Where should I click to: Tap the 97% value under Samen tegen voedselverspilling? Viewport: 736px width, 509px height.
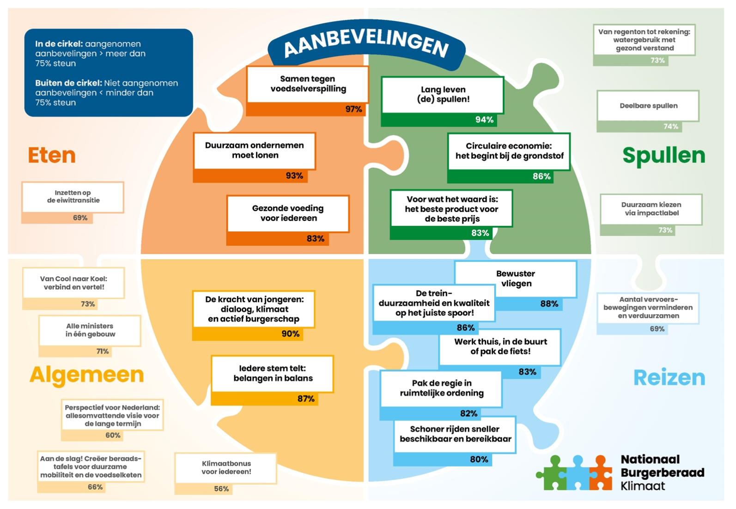click(x=353, y=109)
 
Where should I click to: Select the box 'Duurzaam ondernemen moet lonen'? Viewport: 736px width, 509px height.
click(x=255, y=151)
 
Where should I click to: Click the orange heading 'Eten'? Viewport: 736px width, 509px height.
click(x=52, y=155)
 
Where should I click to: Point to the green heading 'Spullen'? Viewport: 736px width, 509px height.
click(x=663, y=156)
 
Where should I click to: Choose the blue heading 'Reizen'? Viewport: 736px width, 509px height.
click(x=669, y=378)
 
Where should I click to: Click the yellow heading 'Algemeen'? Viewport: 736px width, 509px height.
click(x=87, y=375)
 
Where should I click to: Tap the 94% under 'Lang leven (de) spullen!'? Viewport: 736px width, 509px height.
click(x=484, y=120)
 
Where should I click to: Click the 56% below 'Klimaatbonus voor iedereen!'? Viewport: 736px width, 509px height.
click(x=221, y=489)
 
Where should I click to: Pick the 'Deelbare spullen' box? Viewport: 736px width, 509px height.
click(x=648, y=106)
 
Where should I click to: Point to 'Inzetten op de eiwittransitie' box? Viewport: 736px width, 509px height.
click(x=73, y=197)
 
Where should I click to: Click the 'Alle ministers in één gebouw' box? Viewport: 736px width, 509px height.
click(x=90, y=330)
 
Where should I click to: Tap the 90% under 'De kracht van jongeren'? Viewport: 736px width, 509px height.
click(x=290, y=334)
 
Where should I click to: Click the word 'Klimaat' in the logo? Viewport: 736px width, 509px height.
click(x=643, y=486)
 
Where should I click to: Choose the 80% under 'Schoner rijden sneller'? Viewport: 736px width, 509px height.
click(x=479, y=460)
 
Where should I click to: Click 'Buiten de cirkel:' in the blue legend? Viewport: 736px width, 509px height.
click(x=68, y=84)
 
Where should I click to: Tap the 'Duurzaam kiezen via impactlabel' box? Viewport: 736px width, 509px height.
click(x=651, y=209)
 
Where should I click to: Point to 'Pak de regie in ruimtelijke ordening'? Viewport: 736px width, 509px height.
click(x=441, y=388)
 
